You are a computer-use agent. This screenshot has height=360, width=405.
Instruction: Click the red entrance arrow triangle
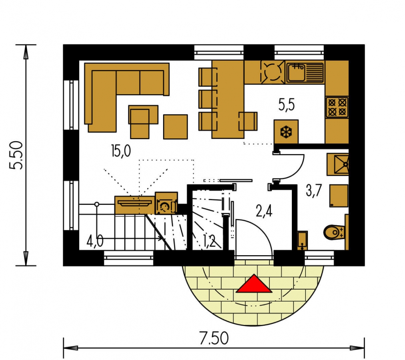pos(254,284)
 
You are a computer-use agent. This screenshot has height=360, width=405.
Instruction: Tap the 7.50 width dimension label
pos(214,338)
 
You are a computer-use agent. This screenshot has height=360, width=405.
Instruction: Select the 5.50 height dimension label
pos(16,155)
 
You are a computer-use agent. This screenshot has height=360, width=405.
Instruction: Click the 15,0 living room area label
pos(121,151)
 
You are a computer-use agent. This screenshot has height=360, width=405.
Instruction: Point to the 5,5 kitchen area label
pos(286,105)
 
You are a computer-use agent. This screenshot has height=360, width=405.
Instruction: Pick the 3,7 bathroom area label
pos(314,191)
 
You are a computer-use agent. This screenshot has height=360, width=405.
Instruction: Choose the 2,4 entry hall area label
pos(264,211)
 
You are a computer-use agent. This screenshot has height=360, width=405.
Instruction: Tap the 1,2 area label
pos(209,241)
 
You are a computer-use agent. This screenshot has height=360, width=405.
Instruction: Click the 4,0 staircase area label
pos(95,241)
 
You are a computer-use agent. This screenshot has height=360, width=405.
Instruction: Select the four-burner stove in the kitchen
pos(337,107)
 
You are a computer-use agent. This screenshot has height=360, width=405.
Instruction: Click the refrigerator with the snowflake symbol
pos(286,132)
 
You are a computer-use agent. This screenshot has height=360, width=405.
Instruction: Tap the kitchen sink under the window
pos(305,73)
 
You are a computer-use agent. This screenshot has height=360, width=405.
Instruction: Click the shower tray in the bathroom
pos(338,164)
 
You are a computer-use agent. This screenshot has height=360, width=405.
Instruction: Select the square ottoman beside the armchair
pos(176,127)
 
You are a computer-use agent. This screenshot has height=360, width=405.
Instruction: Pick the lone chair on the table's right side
pos(248,121)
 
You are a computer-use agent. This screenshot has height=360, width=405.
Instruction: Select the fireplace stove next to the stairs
pos(166,203)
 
